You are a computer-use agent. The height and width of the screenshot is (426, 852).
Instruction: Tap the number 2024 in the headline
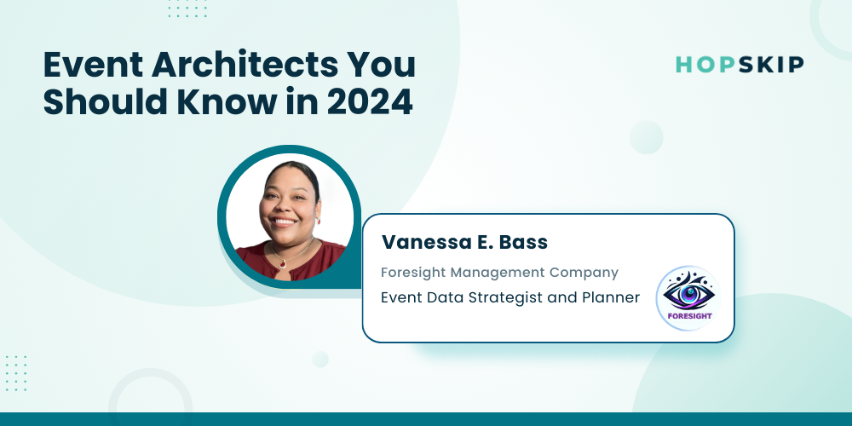pyautogui.click(x=370, y=102)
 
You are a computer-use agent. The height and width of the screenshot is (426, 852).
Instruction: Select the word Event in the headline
pyautogui.click(x=93, y=65)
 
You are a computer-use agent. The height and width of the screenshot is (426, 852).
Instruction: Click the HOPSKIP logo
pyautogui.click(x=740, y=65)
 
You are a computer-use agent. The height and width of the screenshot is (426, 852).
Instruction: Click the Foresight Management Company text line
pyautogui.click(x=499, y=273)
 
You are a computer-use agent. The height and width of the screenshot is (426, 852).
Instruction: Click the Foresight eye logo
pyautogui.click(x=688, y=297)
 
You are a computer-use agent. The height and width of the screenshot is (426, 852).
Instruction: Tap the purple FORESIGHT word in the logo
pyautogui.click(x=689, y=316)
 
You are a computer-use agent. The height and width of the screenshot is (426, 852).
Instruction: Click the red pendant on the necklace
pyautogui.click(x=283, y=263)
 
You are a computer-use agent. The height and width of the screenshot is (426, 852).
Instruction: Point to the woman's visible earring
pyautogui.click(x=319, y=221)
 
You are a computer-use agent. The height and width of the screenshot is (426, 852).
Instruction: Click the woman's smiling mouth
pyautogui.click(x=285, y=222)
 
